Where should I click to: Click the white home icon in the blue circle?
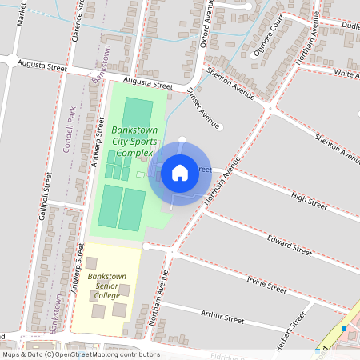tap(180, 172)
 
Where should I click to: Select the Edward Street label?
tap(290, 243)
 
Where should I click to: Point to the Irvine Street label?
tap(266, 283)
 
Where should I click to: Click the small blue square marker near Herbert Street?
tap(343, 328)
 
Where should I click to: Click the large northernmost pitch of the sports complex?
tap(138, 113)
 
